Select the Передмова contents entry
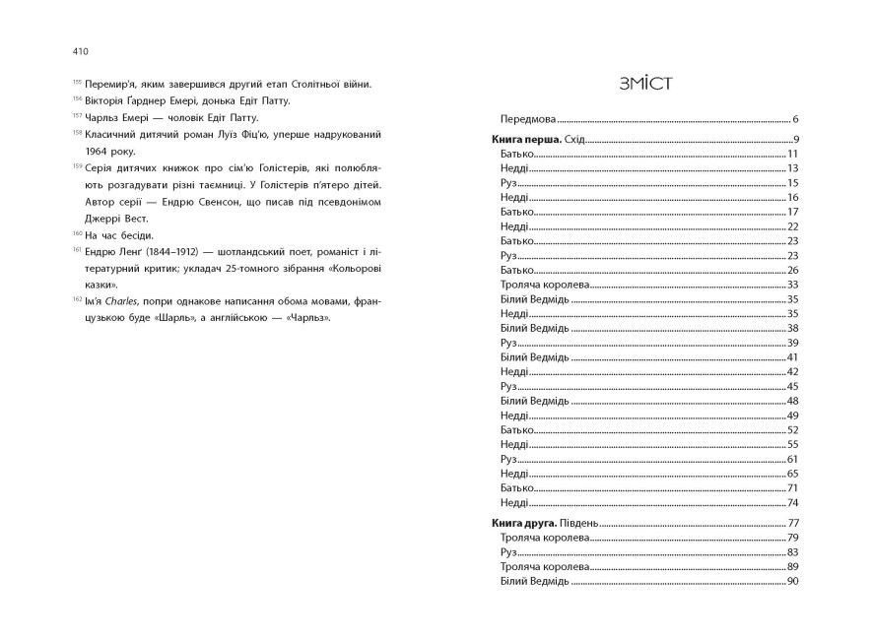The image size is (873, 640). [x=528, y=118]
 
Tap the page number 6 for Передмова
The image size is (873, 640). [x=794, y=118]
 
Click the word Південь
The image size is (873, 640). [x=581, y=522]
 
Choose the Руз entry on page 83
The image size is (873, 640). [x=508, y=552]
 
